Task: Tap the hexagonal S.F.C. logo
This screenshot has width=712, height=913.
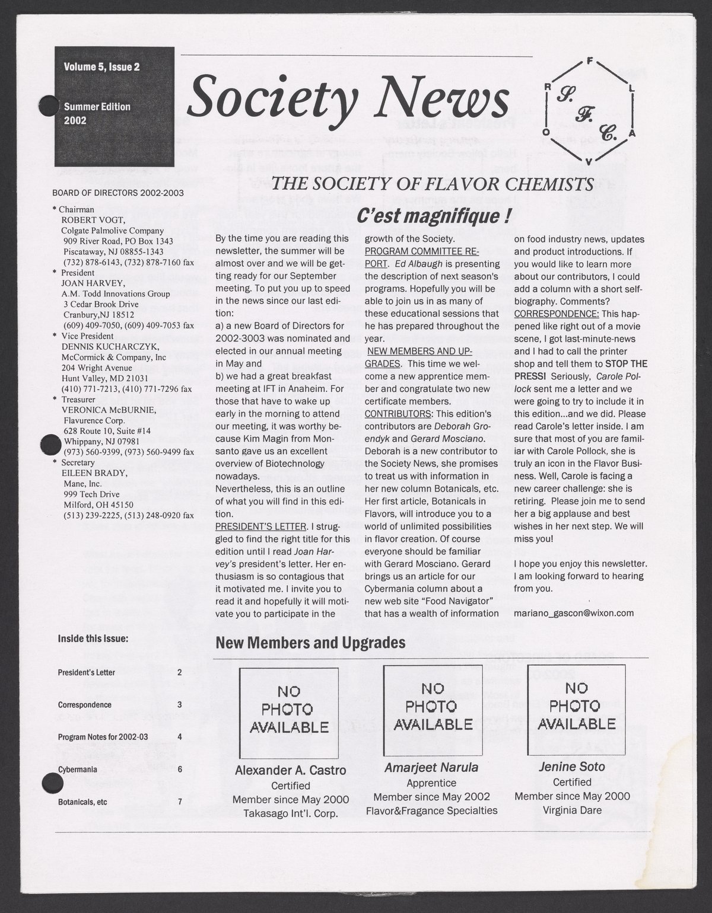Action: pos(590,113)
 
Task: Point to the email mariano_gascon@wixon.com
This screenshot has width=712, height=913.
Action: pos(574,613)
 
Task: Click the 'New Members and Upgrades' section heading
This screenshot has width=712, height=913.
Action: pos(310,643)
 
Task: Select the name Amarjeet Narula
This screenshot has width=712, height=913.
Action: pos(431,767)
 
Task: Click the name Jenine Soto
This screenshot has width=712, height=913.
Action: pos(572,767)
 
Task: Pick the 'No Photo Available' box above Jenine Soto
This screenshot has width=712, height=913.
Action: pos(576,707)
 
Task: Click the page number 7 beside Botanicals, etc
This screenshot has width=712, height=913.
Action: pos(179,802)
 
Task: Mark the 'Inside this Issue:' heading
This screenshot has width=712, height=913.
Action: pos(93,639)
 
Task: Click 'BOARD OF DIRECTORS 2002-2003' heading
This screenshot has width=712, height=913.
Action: pos(118,193)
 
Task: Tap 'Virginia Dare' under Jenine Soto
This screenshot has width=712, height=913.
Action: pos(572,810)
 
